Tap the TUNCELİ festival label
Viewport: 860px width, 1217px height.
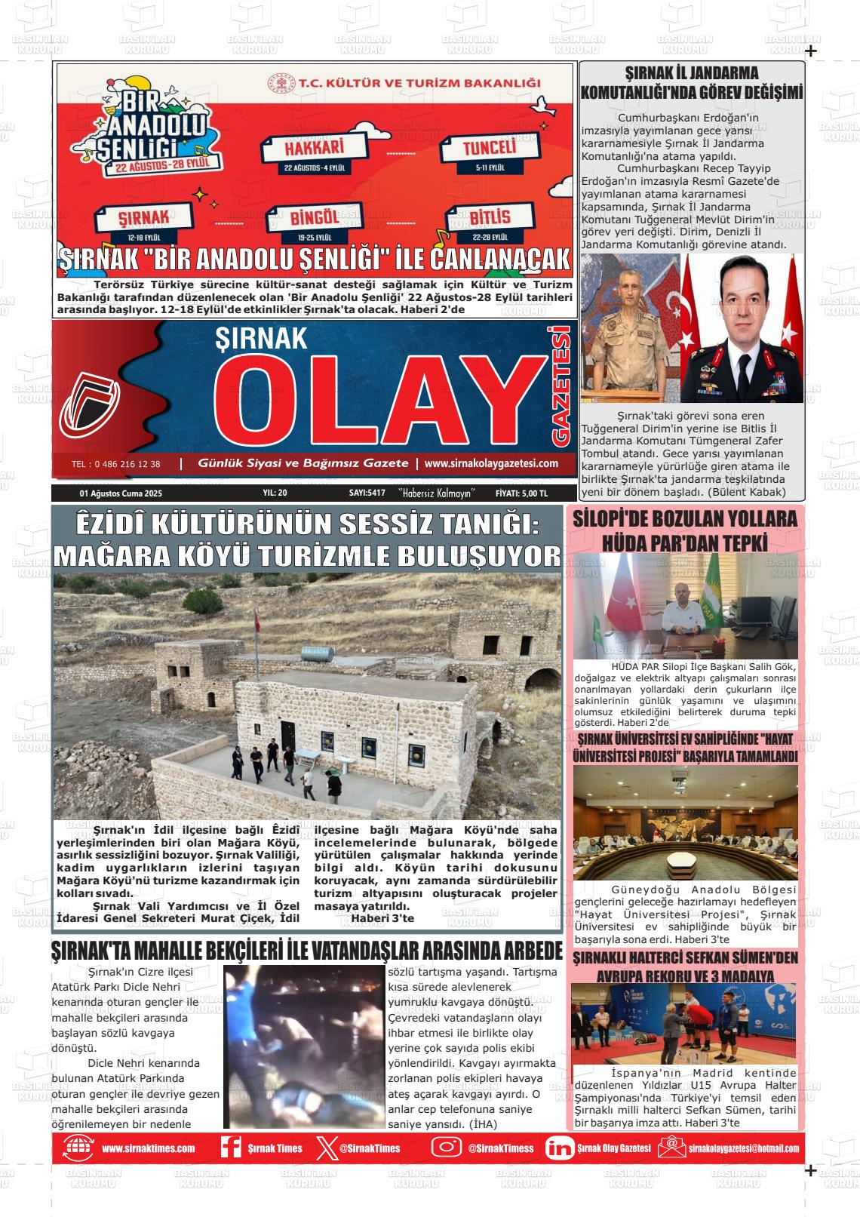[490, 147]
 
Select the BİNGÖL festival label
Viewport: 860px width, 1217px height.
[315, 219]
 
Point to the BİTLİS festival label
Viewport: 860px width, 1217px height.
[490, 217]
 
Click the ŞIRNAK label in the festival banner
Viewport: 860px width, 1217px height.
[143, 218]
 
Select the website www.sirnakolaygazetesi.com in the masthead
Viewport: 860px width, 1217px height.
[491, 463]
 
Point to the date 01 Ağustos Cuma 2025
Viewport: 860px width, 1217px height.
[121, 493]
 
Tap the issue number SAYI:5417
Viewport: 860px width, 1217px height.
[367, 493]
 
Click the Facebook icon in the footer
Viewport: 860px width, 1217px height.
[231, 1148]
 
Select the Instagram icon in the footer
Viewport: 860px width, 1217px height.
[446, 1148]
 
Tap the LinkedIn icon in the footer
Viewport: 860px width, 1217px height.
[559, 1148]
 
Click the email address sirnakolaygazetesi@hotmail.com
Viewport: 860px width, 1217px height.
[743, 1148]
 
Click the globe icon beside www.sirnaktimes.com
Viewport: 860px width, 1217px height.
[78, 1148]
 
